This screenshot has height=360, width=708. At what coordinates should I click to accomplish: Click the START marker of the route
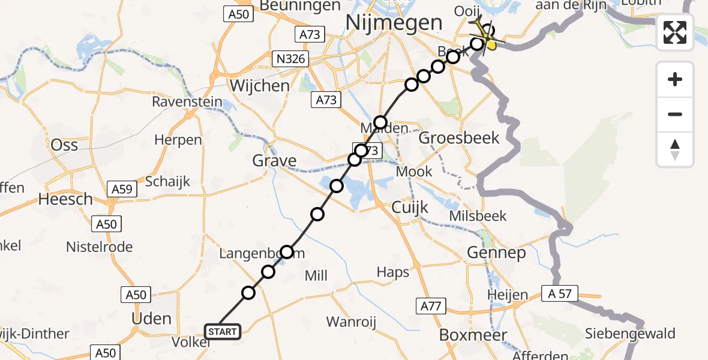223,331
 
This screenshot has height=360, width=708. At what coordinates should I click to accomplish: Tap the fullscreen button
675,32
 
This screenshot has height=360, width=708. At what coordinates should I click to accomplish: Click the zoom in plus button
675,79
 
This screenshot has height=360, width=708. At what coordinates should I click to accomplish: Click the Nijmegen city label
394,23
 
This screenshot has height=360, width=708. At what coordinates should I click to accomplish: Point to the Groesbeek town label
458,138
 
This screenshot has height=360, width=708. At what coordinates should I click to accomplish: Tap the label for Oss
65,145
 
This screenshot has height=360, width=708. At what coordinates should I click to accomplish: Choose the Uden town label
151,318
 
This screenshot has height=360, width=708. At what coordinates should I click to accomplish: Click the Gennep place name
496,253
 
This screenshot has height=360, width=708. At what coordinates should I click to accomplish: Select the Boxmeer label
473,334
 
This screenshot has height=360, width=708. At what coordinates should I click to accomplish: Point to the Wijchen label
259,86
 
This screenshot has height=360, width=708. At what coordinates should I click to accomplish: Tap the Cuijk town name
410,208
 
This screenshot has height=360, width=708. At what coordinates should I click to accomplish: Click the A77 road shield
431,307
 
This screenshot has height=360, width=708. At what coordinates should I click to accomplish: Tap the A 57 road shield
559,293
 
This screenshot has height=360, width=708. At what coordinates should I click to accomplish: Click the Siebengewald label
632,334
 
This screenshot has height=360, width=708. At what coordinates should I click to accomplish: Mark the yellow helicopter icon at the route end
485,35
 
